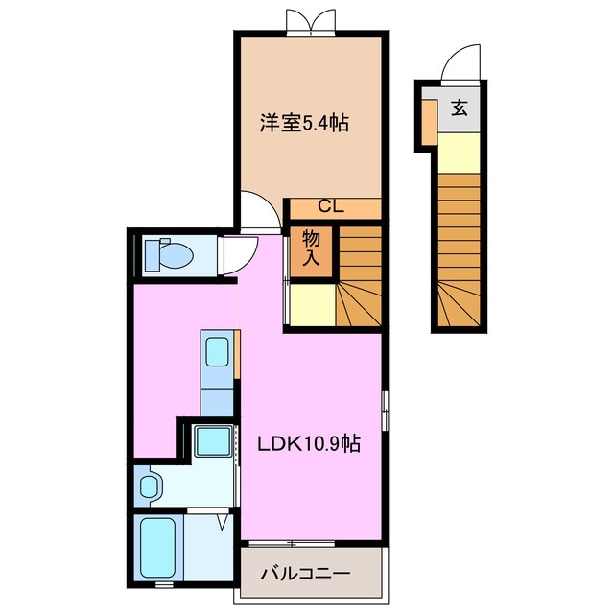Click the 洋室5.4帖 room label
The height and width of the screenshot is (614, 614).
pos(304,123)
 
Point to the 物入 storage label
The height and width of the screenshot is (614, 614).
pos(311,248)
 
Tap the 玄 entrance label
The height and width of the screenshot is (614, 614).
pos(459,107)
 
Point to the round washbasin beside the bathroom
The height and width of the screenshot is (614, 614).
pos(149,485)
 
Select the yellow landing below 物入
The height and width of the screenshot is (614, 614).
pos(310,306)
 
